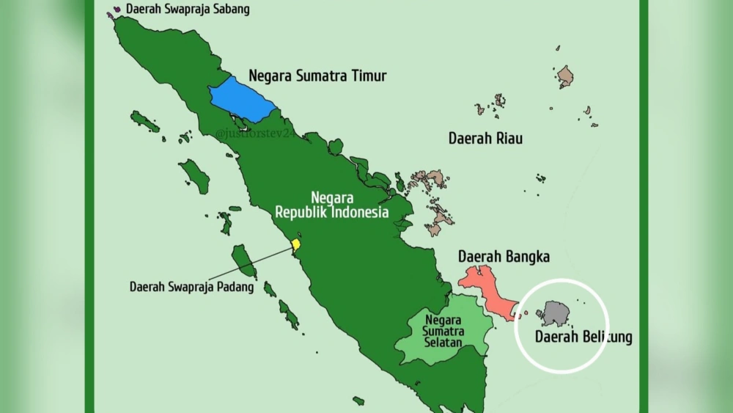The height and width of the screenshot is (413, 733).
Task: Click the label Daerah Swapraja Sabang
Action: [188, 10]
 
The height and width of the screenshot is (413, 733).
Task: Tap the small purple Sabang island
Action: [110, 14]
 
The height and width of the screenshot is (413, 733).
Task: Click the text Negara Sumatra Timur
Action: [317, 76]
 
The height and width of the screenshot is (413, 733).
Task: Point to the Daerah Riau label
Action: [485, 138]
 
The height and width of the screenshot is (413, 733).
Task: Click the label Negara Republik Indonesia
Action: [331, 206]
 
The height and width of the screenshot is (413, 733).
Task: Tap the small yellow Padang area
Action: [295, 244]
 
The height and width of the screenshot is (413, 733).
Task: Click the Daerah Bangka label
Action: [504, 257]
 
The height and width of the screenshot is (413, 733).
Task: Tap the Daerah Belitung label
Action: [583, 337]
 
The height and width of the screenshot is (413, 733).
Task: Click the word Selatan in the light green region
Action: [443, 343]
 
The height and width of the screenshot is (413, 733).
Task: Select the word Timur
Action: [367, 76]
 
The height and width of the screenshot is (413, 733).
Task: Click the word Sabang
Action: [229, 10]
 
